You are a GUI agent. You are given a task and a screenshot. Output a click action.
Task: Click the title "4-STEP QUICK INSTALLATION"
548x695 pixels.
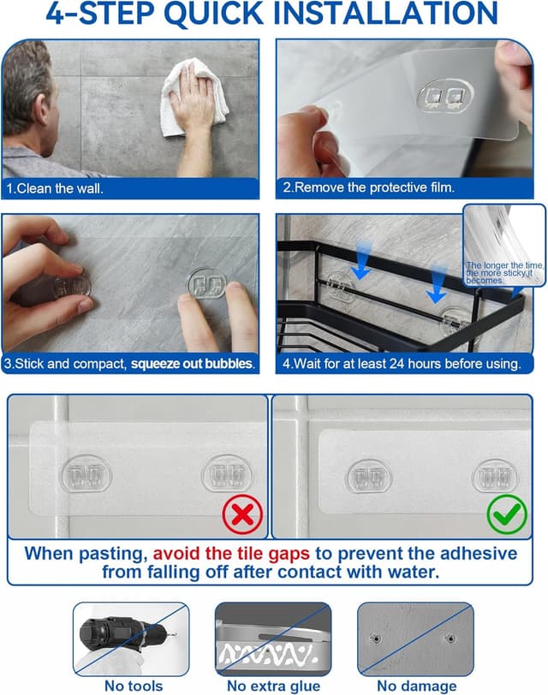click(274, 15)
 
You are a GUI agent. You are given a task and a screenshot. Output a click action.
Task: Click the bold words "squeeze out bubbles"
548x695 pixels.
click(192, 364)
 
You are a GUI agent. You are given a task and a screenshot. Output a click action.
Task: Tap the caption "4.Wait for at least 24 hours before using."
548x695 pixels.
click(402, 364)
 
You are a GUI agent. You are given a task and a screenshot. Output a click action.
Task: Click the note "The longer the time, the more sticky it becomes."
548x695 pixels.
click(504, 273)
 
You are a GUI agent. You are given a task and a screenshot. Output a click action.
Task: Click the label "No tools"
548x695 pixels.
click(133, 686)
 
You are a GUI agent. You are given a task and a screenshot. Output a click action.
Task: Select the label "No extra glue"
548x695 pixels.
click(274, 686)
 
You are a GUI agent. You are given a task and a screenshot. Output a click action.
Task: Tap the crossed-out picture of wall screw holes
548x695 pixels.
click(414, 638)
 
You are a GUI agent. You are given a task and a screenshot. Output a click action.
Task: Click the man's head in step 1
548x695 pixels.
click(26, 86)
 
